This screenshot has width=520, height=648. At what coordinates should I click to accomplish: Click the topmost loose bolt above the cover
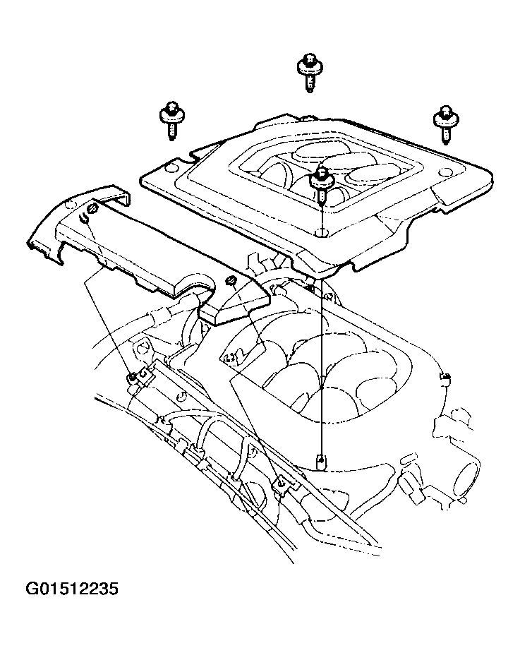pyautogui.click(x=310, y=72)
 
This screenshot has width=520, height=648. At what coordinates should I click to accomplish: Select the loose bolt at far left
pyautogui.click(x=171, y=120)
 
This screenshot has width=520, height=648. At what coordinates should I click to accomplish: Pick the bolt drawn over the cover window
pyautogui.click(x=322, y=184)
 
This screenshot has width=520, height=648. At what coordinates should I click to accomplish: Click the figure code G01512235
pyautogui.click(x=72, y=588)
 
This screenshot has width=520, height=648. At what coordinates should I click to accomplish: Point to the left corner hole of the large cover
pyautogui.click(x=170, y=168)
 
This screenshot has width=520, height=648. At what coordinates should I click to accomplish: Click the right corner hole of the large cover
pyautogui.click(x=445, y=172)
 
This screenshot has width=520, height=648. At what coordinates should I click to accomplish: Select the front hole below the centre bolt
pyautogui.click(x=321, y=233)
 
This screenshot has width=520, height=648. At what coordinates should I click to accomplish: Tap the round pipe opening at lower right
pyautogui.click(x=467, y=480)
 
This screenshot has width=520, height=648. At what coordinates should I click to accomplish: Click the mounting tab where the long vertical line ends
pyautogui.click(x=321, y=461)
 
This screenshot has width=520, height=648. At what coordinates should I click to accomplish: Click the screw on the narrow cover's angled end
pyautogui.click(x=231, y=282)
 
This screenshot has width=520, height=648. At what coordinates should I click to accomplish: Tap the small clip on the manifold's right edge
pyautogui.click(x=445, y=378)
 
